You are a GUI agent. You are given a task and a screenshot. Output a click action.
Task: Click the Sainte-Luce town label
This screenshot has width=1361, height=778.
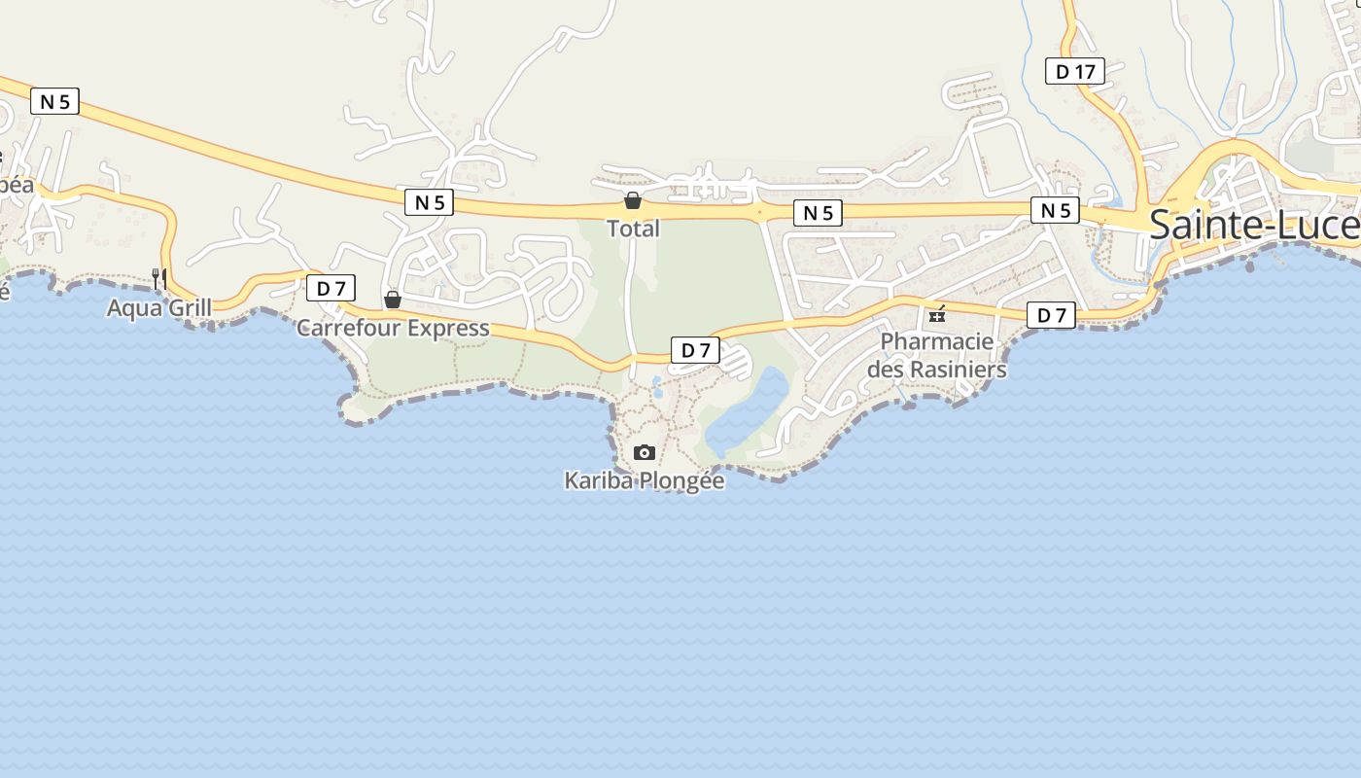[1254, 225]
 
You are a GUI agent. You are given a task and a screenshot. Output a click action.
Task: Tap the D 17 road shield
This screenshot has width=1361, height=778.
[1075, 71]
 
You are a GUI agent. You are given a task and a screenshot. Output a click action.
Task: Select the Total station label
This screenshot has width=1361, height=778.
[633, 229]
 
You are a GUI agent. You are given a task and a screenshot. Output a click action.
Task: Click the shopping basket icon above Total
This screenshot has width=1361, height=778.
[633, 201]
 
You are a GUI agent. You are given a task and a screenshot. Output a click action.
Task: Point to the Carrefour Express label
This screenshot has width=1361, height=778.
[393, 328]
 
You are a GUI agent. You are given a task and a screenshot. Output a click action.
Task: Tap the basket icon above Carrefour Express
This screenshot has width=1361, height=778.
[393, 300]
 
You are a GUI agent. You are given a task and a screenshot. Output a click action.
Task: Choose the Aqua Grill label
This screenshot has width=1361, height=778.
[159, 308]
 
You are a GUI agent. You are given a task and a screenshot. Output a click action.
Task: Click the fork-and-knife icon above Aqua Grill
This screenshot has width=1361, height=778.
[159, 279]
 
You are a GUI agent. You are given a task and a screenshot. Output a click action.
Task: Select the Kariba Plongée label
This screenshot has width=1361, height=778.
[645, 480]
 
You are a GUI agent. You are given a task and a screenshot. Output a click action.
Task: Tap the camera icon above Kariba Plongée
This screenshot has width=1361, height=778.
[644, 453]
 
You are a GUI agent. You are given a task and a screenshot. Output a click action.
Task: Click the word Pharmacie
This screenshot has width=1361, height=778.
[937, 341]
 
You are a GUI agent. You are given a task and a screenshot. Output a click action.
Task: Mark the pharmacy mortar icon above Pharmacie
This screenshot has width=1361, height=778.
[937, 314]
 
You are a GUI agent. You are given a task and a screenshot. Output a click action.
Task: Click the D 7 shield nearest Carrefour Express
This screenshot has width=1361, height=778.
[331, 288]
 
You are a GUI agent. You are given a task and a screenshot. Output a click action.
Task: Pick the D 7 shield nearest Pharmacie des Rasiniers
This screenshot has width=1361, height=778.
[1051, 315]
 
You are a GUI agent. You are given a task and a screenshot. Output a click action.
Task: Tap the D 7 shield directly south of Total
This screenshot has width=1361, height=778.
[695, 350]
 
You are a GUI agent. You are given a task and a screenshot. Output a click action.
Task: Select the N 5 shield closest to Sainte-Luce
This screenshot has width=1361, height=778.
[1055, 210]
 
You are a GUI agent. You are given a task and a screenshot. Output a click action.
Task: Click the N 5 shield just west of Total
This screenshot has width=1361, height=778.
[429, 202]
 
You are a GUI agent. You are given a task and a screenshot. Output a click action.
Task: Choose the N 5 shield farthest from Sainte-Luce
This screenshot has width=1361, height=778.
[54, 101]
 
